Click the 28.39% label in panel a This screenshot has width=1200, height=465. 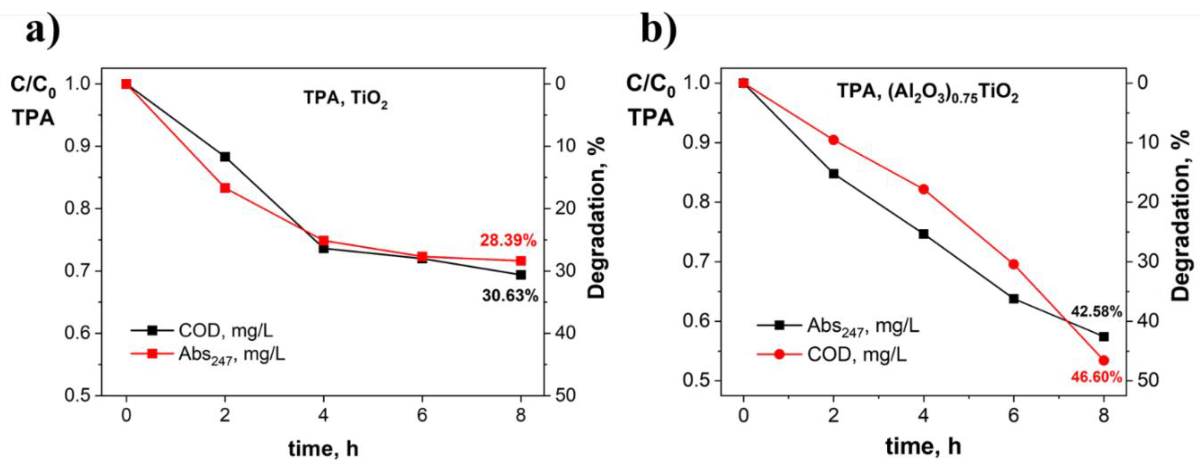click(508, 241)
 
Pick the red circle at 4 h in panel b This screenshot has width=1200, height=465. click(923, 189)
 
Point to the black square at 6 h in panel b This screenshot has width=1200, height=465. click(1014, 299)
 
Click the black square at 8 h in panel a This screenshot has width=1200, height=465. click(521, 275)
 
